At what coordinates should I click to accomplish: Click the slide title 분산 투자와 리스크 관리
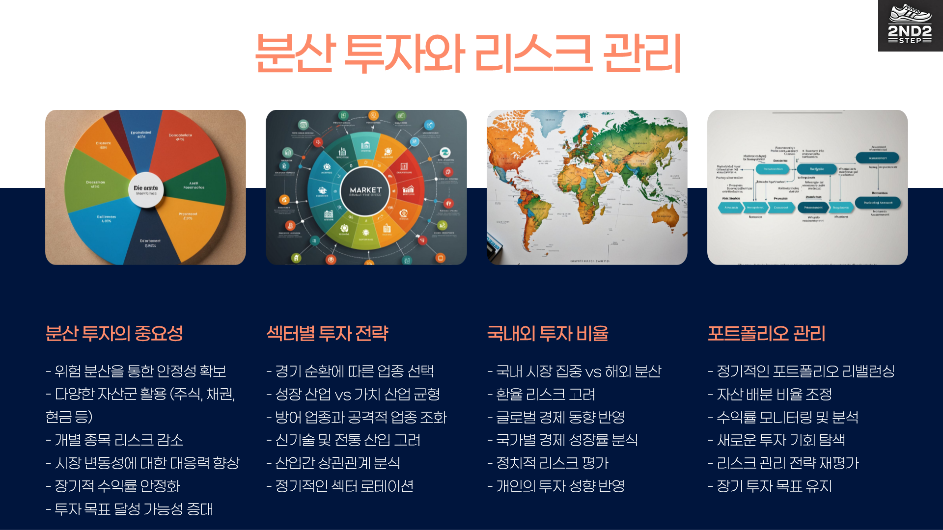(x=468, y=53)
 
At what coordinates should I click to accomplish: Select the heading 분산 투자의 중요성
(x=114, y=334)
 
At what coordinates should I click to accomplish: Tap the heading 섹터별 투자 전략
(x=327, y=334)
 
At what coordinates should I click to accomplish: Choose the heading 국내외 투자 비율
(x=548, y=334)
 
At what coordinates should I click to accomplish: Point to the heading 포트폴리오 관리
(x=766, y=334)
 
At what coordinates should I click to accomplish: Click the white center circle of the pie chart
(x=146, y=189)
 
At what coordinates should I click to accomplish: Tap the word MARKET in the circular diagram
(x=365, y=190)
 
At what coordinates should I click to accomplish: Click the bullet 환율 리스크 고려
(x=545, y=394)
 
